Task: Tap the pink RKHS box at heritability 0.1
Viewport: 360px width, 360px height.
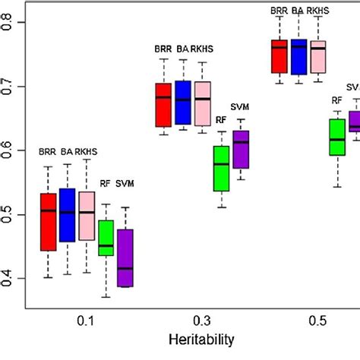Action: point(87,216)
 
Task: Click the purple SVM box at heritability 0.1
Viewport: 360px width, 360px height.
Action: point(125,257)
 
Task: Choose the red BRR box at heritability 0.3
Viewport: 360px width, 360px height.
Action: point(163,105)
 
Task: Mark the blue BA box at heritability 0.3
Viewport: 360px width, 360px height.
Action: point(183,103)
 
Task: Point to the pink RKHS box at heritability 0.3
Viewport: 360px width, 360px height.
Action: point(202,103)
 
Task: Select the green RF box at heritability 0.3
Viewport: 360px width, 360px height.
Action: point(222,168)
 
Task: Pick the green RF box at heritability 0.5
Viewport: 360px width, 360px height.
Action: point(336,137)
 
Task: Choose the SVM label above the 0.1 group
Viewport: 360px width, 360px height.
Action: point(125,183)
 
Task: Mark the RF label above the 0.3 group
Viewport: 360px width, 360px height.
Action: point(222,119)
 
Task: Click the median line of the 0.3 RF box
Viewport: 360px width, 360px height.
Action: point(222,164)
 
